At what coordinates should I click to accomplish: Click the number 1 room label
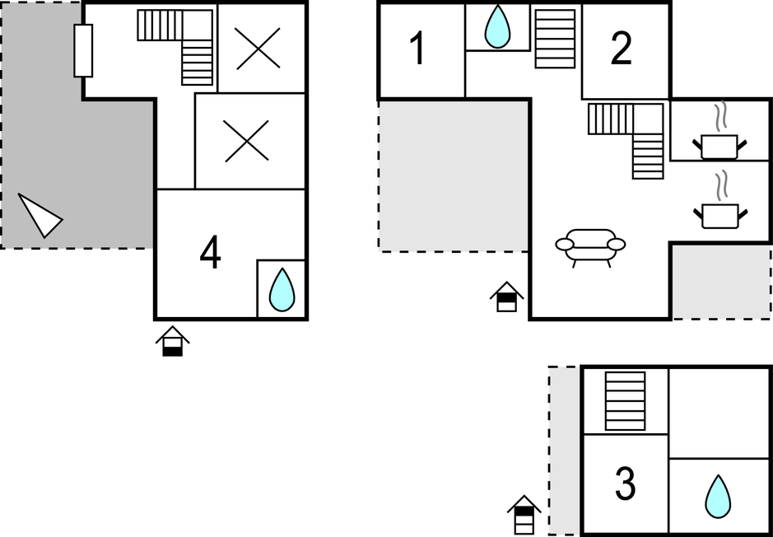418,49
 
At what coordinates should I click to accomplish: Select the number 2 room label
622,49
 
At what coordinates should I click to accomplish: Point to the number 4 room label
211,253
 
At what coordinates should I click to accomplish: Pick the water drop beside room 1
497,27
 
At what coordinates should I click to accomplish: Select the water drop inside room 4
282,289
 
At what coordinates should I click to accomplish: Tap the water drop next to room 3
718,497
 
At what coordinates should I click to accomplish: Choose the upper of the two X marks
258,49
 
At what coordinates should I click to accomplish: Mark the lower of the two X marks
246,141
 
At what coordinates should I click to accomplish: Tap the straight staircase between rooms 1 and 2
555,39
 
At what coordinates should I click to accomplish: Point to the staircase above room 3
625,401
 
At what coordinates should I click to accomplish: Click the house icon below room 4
173,341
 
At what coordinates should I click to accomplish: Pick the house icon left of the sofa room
507,297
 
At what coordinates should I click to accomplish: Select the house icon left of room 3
524,515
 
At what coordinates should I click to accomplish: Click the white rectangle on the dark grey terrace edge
83,50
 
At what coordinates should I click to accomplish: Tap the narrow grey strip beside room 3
565,451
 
